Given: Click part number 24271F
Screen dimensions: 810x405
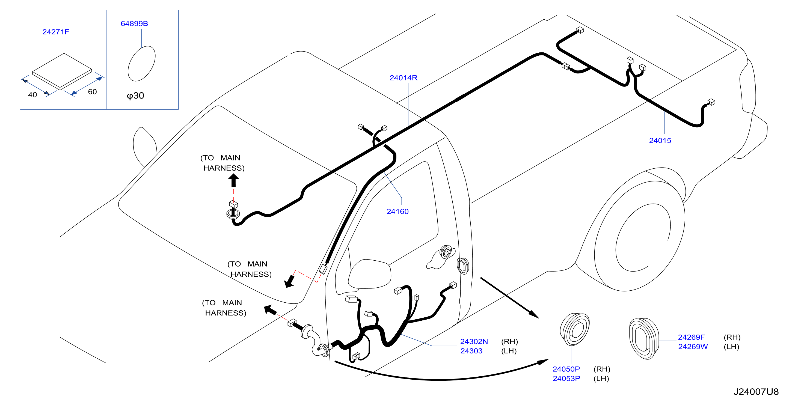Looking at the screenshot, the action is (x=56, y=32).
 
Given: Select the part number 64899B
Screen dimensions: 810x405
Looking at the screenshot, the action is (x=134, y=23).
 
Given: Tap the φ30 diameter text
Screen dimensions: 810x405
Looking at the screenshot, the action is (x=135, y=95).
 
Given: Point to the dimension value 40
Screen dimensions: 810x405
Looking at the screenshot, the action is (x=32, y=95).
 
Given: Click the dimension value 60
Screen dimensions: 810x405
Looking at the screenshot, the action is (x=92, y=92).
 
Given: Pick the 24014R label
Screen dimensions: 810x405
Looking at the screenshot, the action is (x=403, y=78).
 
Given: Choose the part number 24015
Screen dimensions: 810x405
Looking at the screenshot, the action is (x=660, y=141).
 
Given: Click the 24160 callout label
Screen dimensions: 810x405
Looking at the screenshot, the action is (x=397, y=211).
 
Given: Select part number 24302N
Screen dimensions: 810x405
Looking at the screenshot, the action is (x=474, y=341).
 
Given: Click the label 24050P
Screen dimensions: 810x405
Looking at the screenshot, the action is (x=566, y=369).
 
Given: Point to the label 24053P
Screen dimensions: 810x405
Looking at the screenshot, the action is (x=566, y=379).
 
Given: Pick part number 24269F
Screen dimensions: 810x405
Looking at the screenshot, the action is (x=691, y=337).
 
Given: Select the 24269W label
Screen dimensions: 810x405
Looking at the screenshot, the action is (x=693, y=347).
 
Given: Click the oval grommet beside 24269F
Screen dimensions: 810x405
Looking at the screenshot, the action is (x=643, y=338).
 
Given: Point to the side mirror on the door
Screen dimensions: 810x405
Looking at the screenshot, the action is (x=369, y=273).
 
